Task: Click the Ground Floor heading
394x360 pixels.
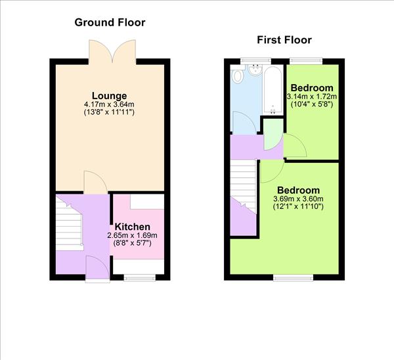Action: (110, 22)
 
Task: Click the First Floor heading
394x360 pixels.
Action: (284, 40)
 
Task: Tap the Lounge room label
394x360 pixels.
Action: (109, 96)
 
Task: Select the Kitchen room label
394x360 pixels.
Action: (133, 227)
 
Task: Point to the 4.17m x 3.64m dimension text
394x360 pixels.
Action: (109, 104)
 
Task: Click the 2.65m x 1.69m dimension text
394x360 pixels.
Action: (133, 235)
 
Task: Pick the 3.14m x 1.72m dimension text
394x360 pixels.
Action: (312, 97)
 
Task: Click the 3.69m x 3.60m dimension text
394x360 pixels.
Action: (298, 199)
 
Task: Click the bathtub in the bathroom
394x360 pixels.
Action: (273, 89)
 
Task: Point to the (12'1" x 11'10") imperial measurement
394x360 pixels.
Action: (298, 207)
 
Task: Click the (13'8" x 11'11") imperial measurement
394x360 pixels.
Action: (109, 112)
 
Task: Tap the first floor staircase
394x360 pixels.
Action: (243, 187)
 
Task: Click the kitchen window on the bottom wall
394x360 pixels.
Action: (140, 277)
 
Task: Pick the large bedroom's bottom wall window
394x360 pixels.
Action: (294, 277)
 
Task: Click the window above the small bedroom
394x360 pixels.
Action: (306, 61)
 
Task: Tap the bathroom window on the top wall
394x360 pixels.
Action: (256, 61)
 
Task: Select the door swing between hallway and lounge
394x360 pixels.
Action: (95, 182)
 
